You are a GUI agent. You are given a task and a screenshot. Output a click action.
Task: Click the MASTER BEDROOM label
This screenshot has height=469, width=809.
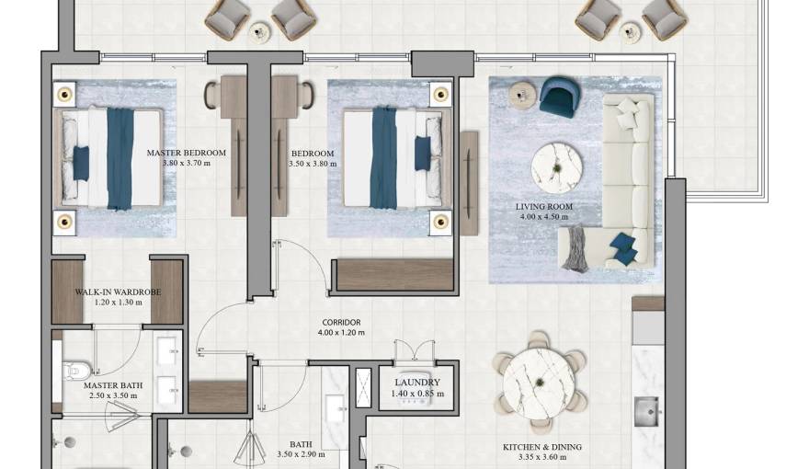click(187, 153)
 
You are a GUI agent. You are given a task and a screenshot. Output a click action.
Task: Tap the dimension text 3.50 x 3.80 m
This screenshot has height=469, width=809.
click(313, 164)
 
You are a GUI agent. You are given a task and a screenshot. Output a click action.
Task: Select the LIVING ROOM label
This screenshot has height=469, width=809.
click(544, 207)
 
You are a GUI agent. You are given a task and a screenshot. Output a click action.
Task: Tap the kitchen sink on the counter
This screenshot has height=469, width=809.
click(648, 406)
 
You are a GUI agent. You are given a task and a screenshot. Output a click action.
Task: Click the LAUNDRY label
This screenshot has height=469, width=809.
click(417, 383)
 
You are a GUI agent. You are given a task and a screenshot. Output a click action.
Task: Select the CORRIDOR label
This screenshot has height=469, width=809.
click(339, 322)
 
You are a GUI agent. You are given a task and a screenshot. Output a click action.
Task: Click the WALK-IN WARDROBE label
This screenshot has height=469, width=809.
click(118, 292)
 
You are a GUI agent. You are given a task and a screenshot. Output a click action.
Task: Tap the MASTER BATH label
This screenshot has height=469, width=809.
click(110, 385)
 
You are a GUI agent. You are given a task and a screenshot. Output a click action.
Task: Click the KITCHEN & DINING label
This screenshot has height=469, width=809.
click(542, 448)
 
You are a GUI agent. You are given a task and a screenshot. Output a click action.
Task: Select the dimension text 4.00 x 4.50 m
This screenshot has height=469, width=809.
click(544, 218)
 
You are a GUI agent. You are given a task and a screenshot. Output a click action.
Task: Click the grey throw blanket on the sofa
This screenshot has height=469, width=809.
click(575, 247)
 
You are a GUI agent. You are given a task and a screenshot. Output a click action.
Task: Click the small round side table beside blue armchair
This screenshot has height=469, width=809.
click(521, 92)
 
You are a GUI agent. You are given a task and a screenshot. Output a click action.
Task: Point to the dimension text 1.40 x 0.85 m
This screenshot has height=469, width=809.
click(417, 394)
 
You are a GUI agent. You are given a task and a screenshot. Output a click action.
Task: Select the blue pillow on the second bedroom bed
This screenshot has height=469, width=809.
click(422, 153)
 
